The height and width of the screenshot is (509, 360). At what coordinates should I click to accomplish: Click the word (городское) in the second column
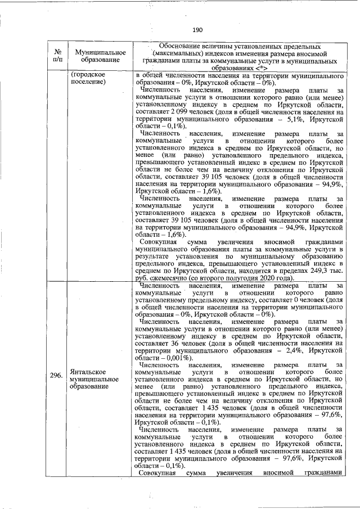tap(85, 75)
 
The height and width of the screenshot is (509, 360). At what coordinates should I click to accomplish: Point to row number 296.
tap(55, 376)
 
